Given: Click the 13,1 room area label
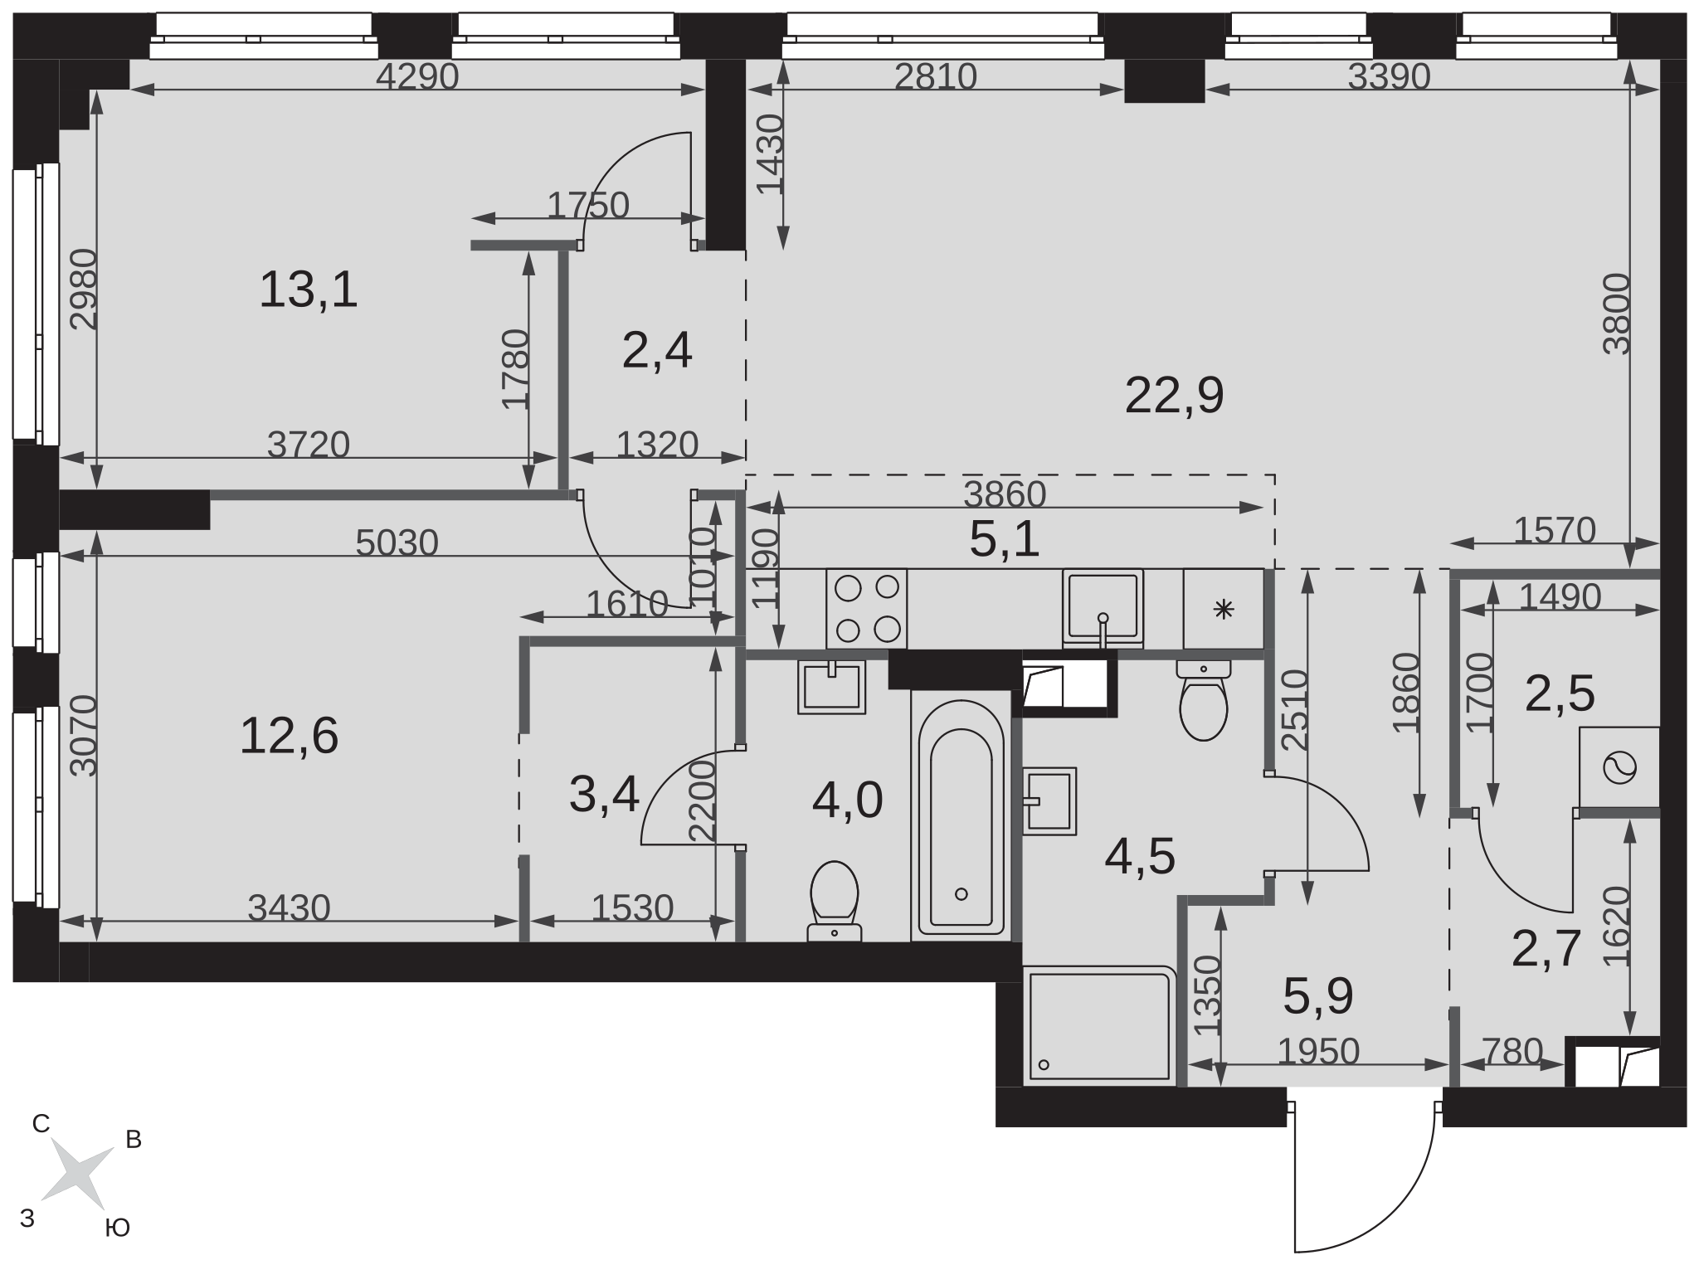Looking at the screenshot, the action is (x=309, y=290).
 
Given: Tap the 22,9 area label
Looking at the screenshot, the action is (x=1174, y=396).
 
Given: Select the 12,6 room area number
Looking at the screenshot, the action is (x=289, y=736).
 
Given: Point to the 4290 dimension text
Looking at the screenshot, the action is (x=417, y=76).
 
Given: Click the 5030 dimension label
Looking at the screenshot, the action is (x=397, y=543).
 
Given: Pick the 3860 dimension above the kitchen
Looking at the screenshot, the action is (x=1005, y=495).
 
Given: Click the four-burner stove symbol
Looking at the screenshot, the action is (x=867, y=609).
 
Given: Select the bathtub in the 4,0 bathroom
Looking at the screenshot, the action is (x=961, y=816).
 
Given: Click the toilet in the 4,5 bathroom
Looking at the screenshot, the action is (x=1203, y=700).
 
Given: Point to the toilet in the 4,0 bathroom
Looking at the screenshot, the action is (x=834, y=901).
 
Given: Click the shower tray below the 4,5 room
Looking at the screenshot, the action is (x=1100, y=1025).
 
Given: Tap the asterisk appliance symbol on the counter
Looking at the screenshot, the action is (x=1224, y=610).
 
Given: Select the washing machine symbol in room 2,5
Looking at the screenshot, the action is (x=1619, y=767).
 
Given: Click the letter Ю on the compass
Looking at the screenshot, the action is (x=118, y=1229).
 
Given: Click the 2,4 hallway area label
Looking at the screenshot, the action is (x=657, y=350).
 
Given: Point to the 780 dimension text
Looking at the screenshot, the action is (x=1512, y=1052).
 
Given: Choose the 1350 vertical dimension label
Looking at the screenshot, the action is (x=1208, y=995).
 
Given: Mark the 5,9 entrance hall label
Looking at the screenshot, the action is (x=1318, y=996).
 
